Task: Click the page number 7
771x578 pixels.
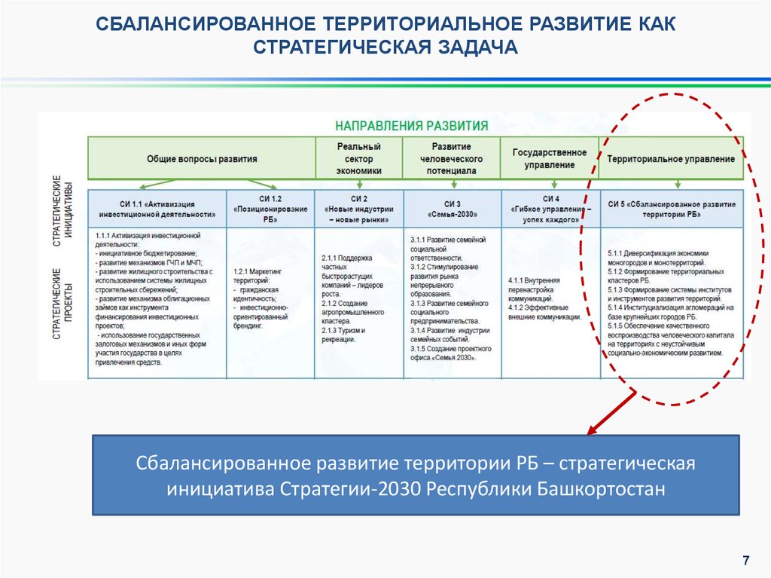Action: (745, 560)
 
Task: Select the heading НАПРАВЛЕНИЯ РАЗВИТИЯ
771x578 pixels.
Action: (411, 125)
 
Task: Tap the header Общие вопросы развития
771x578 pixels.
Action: (202, 159)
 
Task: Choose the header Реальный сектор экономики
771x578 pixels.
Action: (358, 158)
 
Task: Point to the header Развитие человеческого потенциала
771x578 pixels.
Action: (451, 158)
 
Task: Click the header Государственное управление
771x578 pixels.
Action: (550, 158)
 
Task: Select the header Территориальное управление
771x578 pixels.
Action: (671, 159)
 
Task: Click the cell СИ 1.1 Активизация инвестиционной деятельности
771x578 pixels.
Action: (157, 209)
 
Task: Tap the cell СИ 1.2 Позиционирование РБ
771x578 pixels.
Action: (270, 209)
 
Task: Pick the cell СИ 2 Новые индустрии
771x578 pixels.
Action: (358, 209)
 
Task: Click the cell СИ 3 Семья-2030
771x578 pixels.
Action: (452, 209)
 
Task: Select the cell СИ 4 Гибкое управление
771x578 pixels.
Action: (550, 209)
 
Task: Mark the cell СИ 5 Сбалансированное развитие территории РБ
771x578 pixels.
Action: (672, 209)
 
